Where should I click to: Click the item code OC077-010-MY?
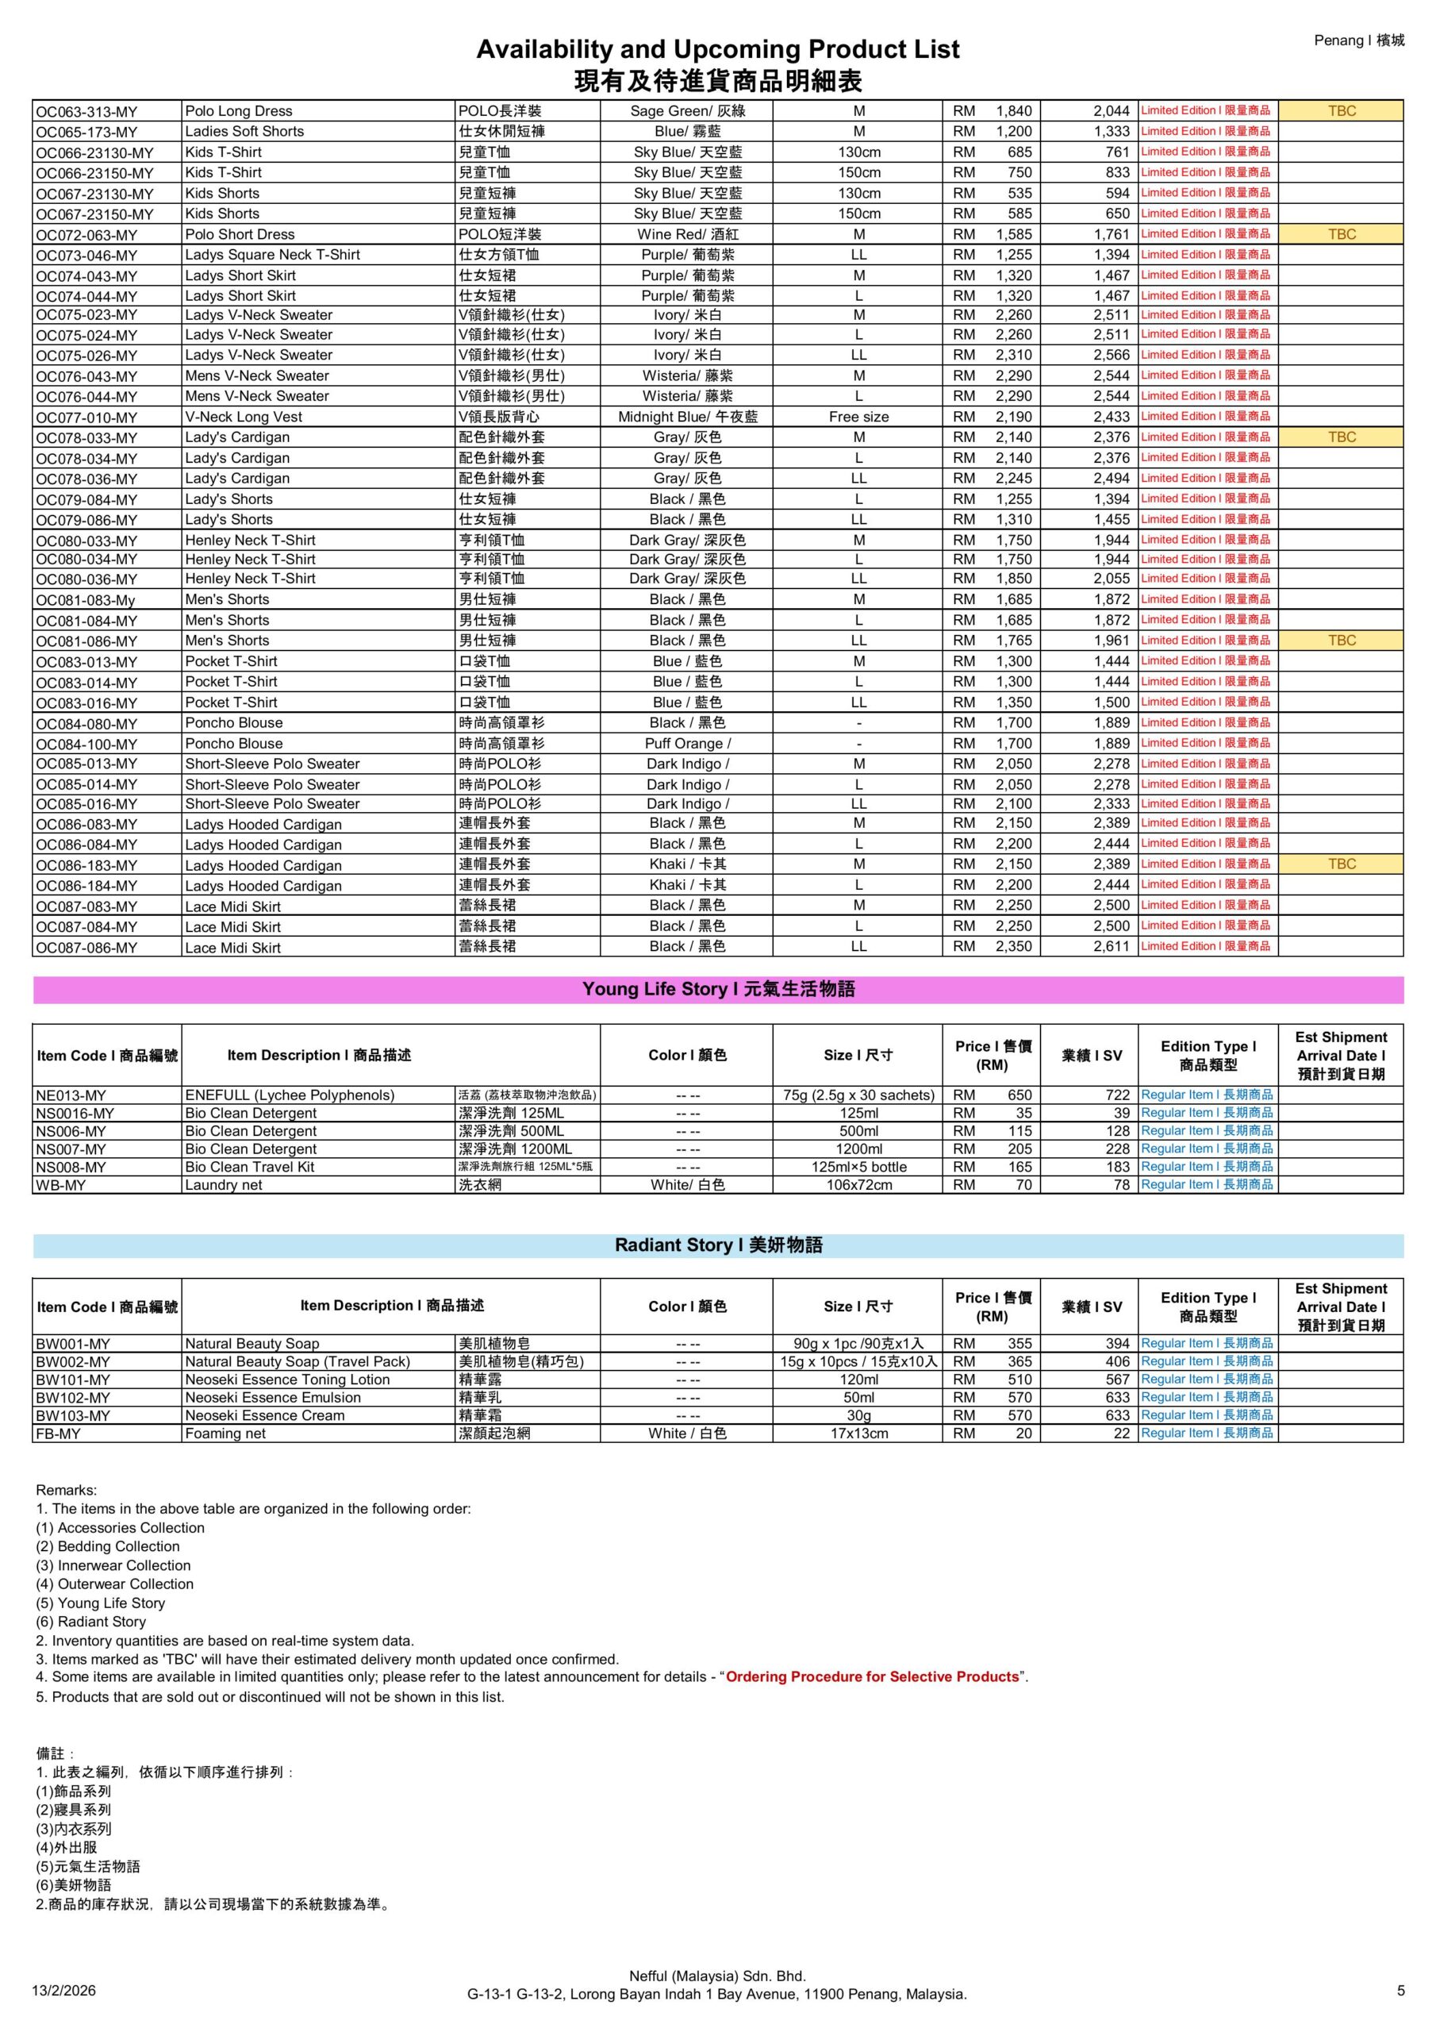click(x=86, y=418)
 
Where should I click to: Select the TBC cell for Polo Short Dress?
click(x=1341, y=234)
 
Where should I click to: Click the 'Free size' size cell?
click(x=858, y=417)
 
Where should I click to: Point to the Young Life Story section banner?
click(x=717, y=990)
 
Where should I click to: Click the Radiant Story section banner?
click(x=717, y=1245)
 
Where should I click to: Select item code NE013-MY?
click(x=70, y=1095)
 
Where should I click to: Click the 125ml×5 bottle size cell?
click(x=858, y=1168)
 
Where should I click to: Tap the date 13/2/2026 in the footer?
click(x=63, y=1992)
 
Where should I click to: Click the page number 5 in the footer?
click(x=1400, y=1991)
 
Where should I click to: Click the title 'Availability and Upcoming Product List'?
click(x=716, y=48)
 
